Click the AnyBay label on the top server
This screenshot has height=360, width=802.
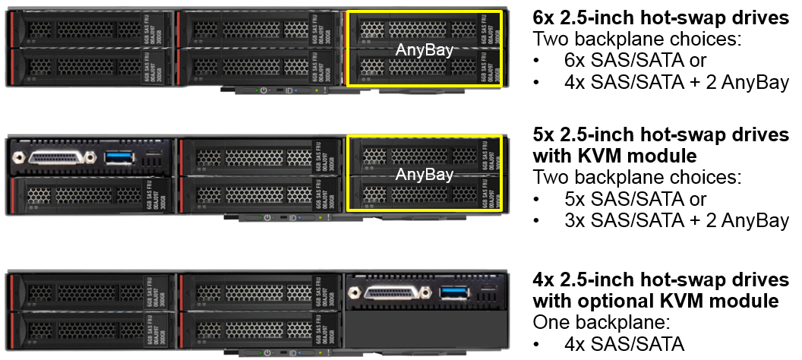[x=424, y=50]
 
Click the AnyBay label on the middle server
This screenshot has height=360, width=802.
[x=424, y=175]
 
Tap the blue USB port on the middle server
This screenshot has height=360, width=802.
[x=119, y=156]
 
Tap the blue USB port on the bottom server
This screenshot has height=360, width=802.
[x=455, y=291]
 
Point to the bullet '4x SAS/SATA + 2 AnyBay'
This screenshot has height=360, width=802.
[x=676, y=82]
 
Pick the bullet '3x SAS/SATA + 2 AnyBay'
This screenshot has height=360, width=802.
[x=676, y=220]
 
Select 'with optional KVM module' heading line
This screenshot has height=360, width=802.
[x=655, y=301]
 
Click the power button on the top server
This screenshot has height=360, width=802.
[x=263, y=90]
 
